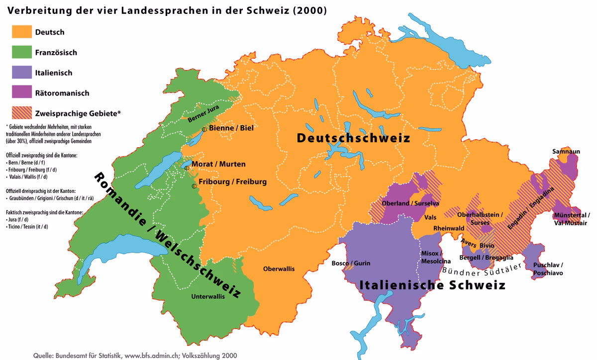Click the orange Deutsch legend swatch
coord(21,32)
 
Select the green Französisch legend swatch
coord(21,52)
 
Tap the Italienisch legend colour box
coord(21,73)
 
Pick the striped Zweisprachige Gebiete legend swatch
coord(21,113)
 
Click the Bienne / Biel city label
coord(231,128)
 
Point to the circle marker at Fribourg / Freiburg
coord(194,186)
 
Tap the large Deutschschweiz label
coord(353,138)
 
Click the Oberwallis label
coord(279,269)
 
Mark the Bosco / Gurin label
coord(351,263)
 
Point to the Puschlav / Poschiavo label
coord(548,269)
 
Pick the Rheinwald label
coord(449,228)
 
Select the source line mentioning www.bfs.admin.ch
coord(135,356)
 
